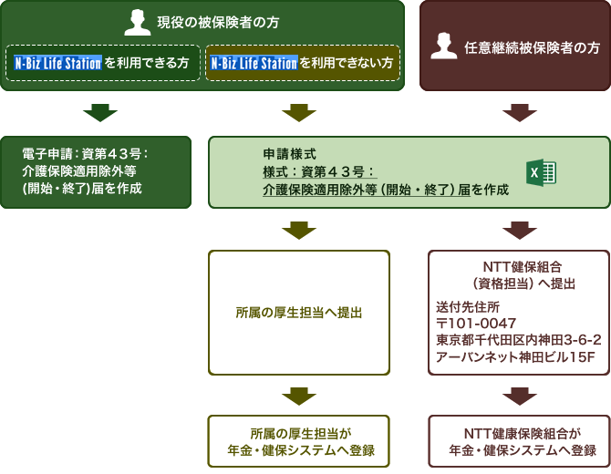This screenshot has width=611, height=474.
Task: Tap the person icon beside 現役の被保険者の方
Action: (138, 22)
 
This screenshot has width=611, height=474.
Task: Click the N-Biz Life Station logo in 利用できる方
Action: (58, 64)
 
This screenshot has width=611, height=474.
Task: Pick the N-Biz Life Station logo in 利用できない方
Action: (254, 64)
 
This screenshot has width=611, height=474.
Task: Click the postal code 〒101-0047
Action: (477, 324)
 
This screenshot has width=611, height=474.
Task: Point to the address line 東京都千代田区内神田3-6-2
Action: (518, 340)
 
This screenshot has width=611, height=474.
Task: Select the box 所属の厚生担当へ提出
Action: (299, 313)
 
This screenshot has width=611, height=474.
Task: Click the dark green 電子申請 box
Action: (96, 171)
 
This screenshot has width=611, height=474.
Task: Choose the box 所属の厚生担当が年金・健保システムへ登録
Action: (299, 441)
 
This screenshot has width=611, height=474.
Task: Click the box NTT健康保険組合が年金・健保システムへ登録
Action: (519, 441)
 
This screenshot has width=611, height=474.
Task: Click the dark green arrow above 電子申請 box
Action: (100, 113)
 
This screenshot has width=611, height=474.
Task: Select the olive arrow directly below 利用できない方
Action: (299, 113)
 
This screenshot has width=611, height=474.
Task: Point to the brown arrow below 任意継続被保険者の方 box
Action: (519, 113)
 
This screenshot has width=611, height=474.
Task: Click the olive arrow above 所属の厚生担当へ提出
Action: (299, 230)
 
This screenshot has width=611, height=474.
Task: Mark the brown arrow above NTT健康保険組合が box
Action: (519, 396)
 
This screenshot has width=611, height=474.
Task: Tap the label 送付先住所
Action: (467, 307)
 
